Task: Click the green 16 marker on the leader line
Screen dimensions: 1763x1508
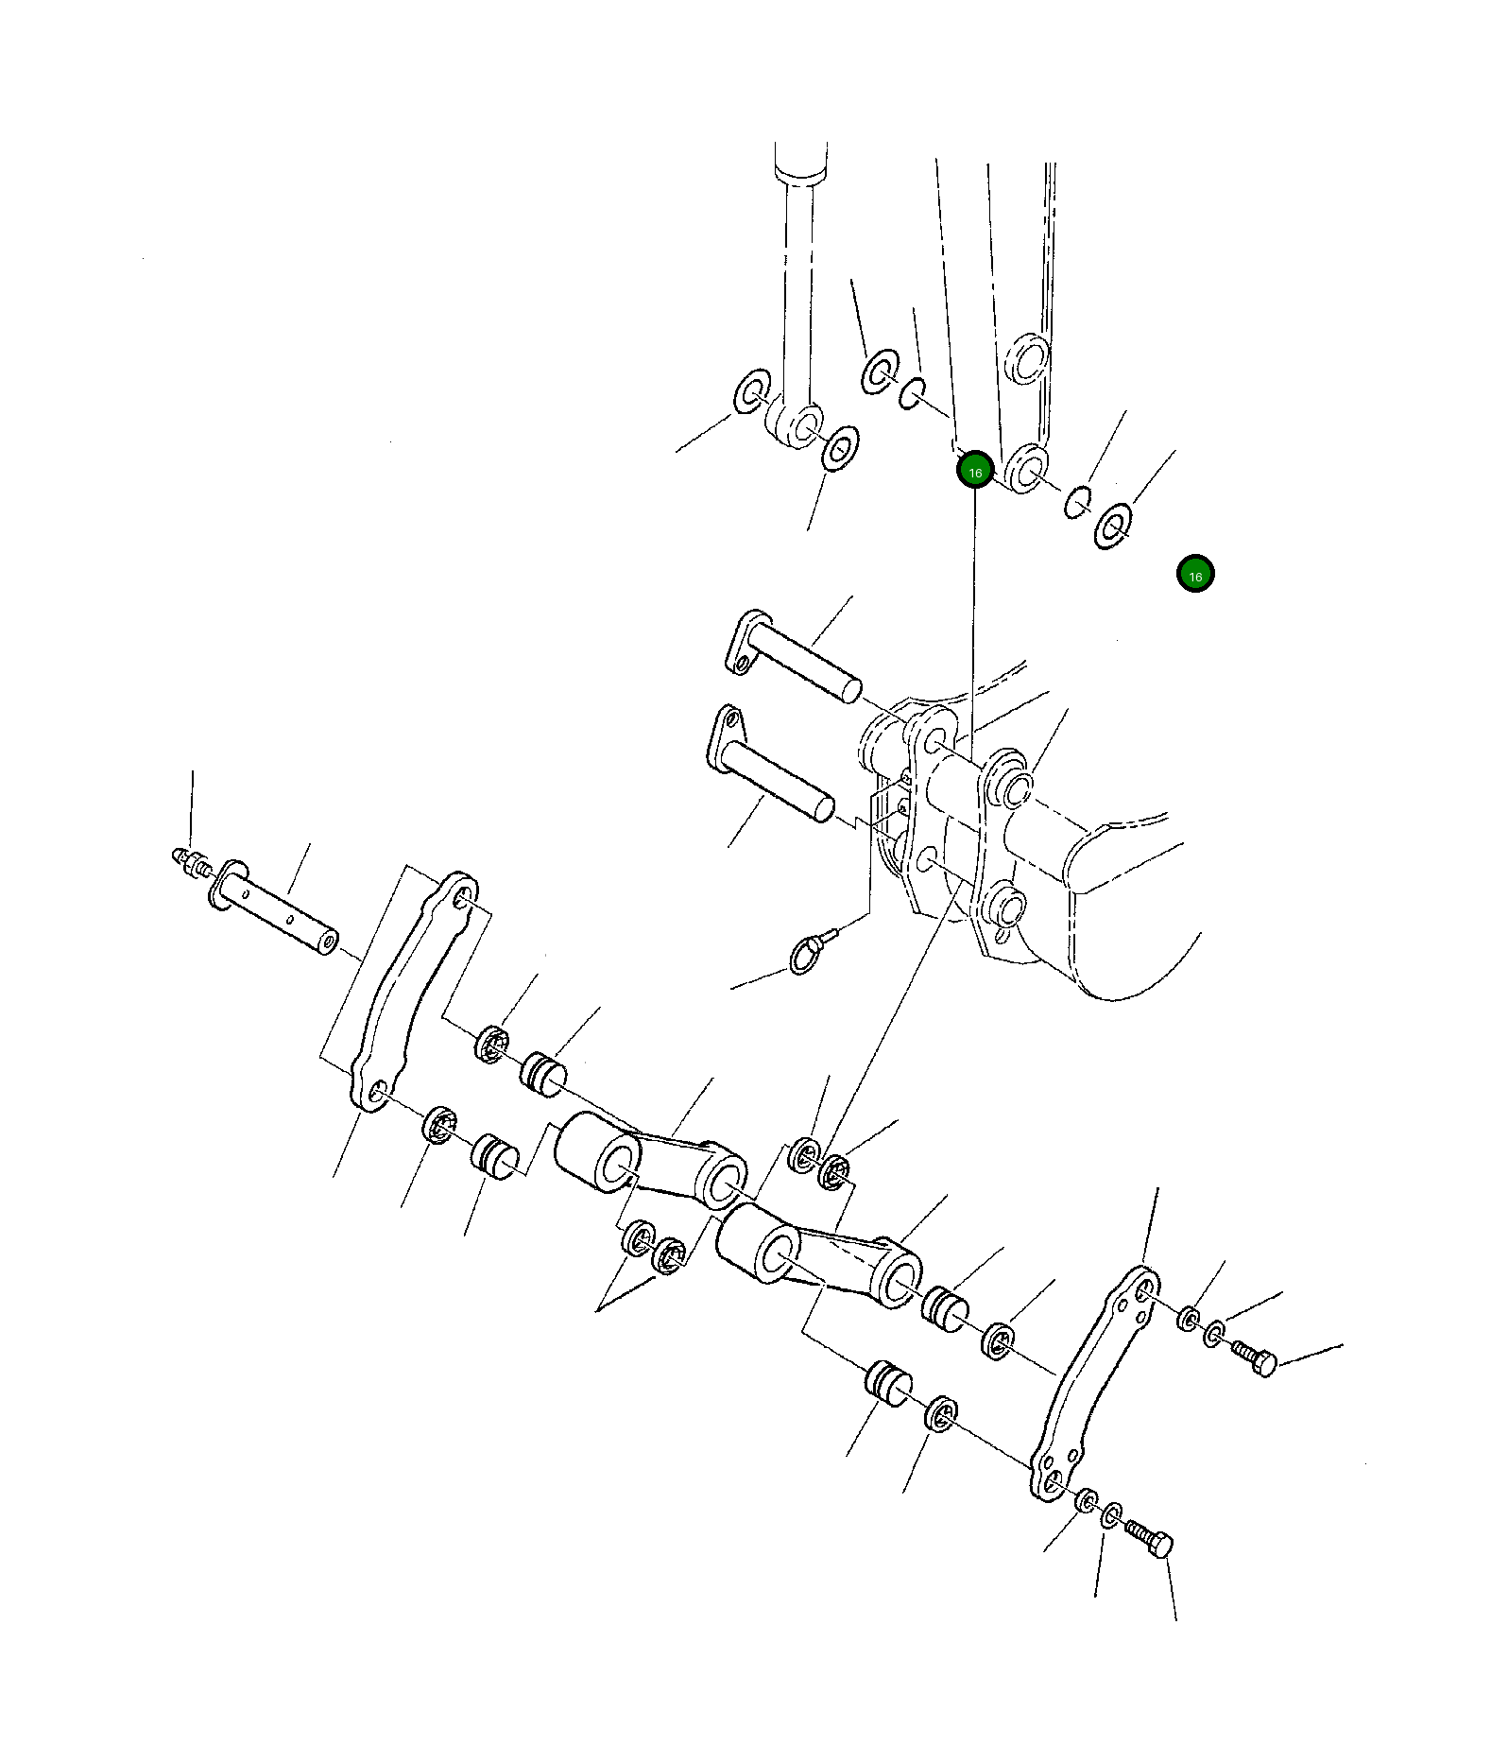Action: tap(974, 471)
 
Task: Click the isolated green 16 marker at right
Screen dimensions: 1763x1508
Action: tap(1195, 575)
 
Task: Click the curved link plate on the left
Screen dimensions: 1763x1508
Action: tap(406, 993)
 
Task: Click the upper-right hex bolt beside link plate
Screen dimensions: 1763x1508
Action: tap(1256, 1360)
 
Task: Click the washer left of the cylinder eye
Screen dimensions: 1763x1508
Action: tap(752, 389)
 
